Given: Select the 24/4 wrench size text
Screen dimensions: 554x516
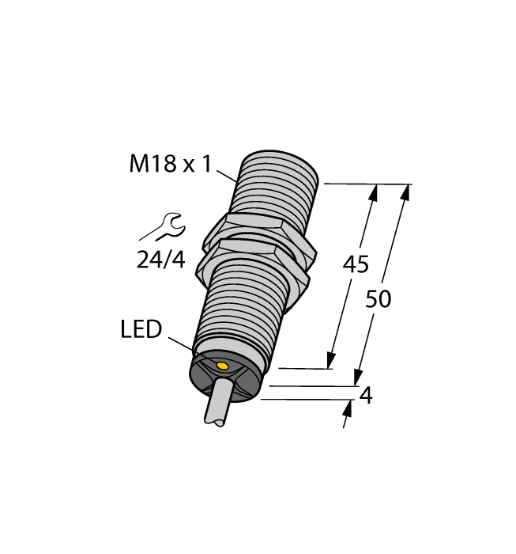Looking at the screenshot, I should point(161,258).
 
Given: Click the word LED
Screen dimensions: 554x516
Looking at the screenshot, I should point(141,329).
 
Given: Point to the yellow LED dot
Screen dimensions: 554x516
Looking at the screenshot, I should point(223,366).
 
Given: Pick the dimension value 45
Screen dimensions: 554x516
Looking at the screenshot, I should point(355,265).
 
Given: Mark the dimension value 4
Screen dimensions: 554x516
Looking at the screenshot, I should point(365,396).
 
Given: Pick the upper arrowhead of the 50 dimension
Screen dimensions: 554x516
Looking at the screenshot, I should point(407,191).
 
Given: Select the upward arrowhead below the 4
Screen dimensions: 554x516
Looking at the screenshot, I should point(348,408).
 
